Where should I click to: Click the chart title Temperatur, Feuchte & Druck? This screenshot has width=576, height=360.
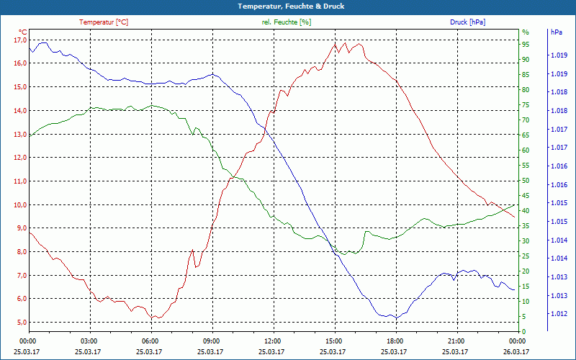pyautogui.click(x=288, y=6)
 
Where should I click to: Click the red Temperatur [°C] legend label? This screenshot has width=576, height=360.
pyautogui.click(x=104, y=22)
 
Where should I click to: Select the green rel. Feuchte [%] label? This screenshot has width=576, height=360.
pyautogui.click(x=287, y=22)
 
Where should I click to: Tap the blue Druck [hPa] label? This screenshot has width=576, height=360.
pyautogui.click(x=467, y=22)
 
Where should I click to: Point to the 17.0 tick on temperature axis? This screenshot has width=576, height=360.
pyautogui.click(x=19, y=40)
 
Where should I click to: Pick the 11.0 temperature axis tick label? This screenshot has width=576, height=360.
pyautogui.click(x=19, y=181)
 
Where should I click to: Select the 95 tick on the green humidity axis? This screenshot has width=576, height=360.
pyautogui.click(x=526, y=44)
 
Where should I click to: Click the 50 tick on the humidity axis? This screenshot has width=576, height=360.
pyautogui.click(x=526, y=180)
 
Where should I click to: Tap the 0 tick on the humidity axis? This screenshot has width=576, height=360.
pyautogui.click(x=524, y=331)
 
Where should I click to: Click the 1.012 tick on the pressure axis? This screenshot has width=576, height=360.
pyautogui.click(x=558, y=314)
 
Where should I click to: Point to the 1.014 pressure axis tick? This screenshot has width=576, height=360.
pyautogui.click(x=558, y=240)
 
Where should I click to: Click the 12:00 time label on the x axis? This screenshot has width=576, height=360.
pyautogui.click(x=272, y=341)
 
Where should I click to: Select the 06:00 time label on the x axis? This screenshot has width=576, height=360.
pyautogui.click(x=150, y=341)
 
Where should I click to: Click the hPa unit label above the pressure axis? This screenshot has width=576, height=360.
pyautogui.click(x=557, y=32)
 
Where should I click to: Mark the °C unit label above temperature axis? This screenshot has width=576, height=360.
pyautogui.click(x=23, y=32)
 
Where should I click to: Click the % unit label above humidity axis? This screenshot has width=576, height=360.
pyautogui.click(x=526, y=32)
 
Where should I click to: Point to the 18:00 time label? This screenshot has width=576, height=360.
pyautogui.click(x=395, y=341)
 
